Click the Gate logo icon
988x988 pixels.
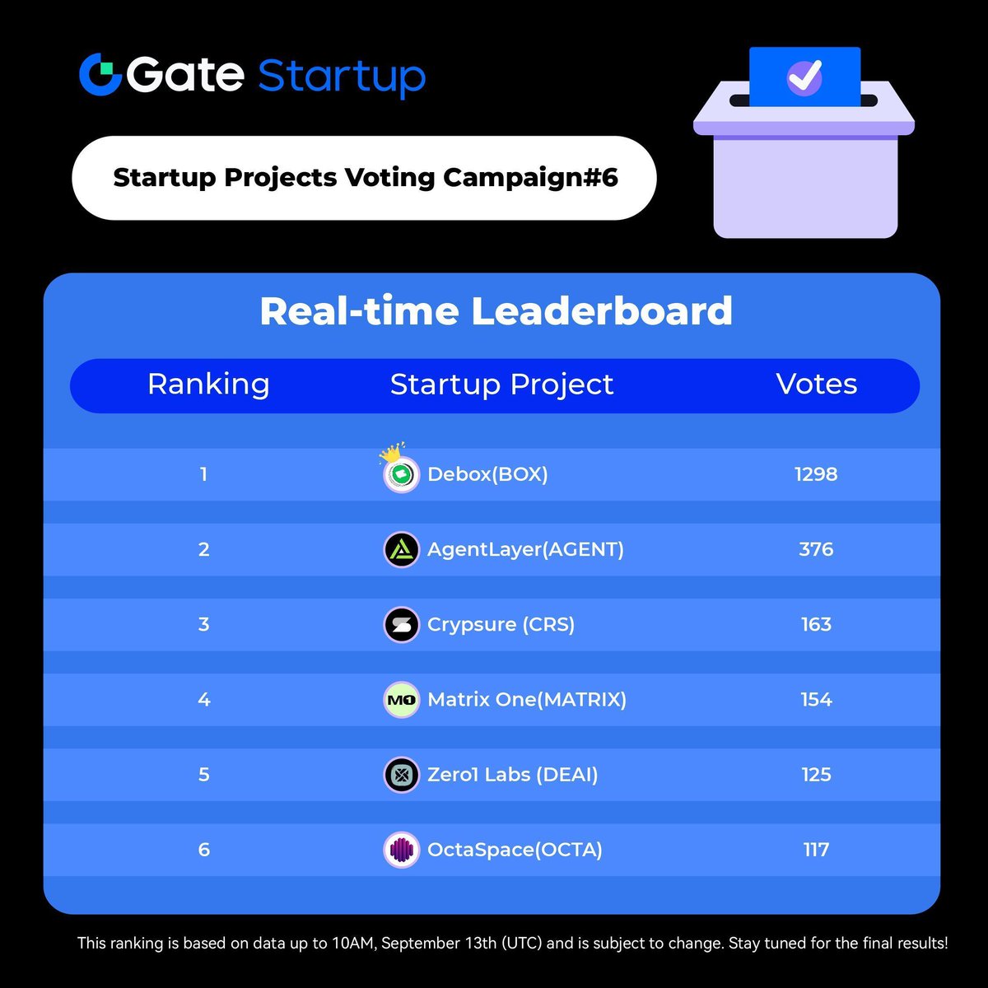click(100, 74)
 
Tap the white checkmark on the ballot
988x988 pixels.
click(804, 77)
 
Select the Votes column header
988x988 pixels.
click(816, 384)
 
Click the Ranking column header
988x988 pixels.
click(208, 384)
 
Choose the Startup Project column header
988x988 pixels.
click(501, 384)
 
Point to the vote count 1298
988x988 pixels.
click(816, 474)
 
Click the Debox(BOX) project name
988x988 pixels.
click(487, 474)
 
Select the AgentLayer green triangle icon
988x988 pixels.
click(402, 549)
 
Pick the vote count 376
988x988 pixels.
click(816, 549)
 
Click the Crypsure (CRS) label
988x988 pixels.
click(501, 624)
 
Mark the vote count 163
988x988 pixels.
click(816, 624)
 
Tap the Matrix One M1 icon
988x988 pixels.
click(402, 700)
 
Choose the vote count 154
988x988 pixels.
click(816, 700)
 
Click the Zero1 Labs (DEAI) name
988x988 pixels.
click(512, 775)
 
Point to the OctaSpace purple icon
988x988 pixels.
click(402, 850)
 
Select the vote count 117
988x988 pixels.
click(816, 850)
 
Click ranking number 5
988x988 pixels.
click(204, 775)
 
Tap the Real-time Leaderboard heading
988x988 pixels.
click(496, 311)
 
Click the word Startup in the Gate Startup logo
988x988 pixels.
click(342, 76)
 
